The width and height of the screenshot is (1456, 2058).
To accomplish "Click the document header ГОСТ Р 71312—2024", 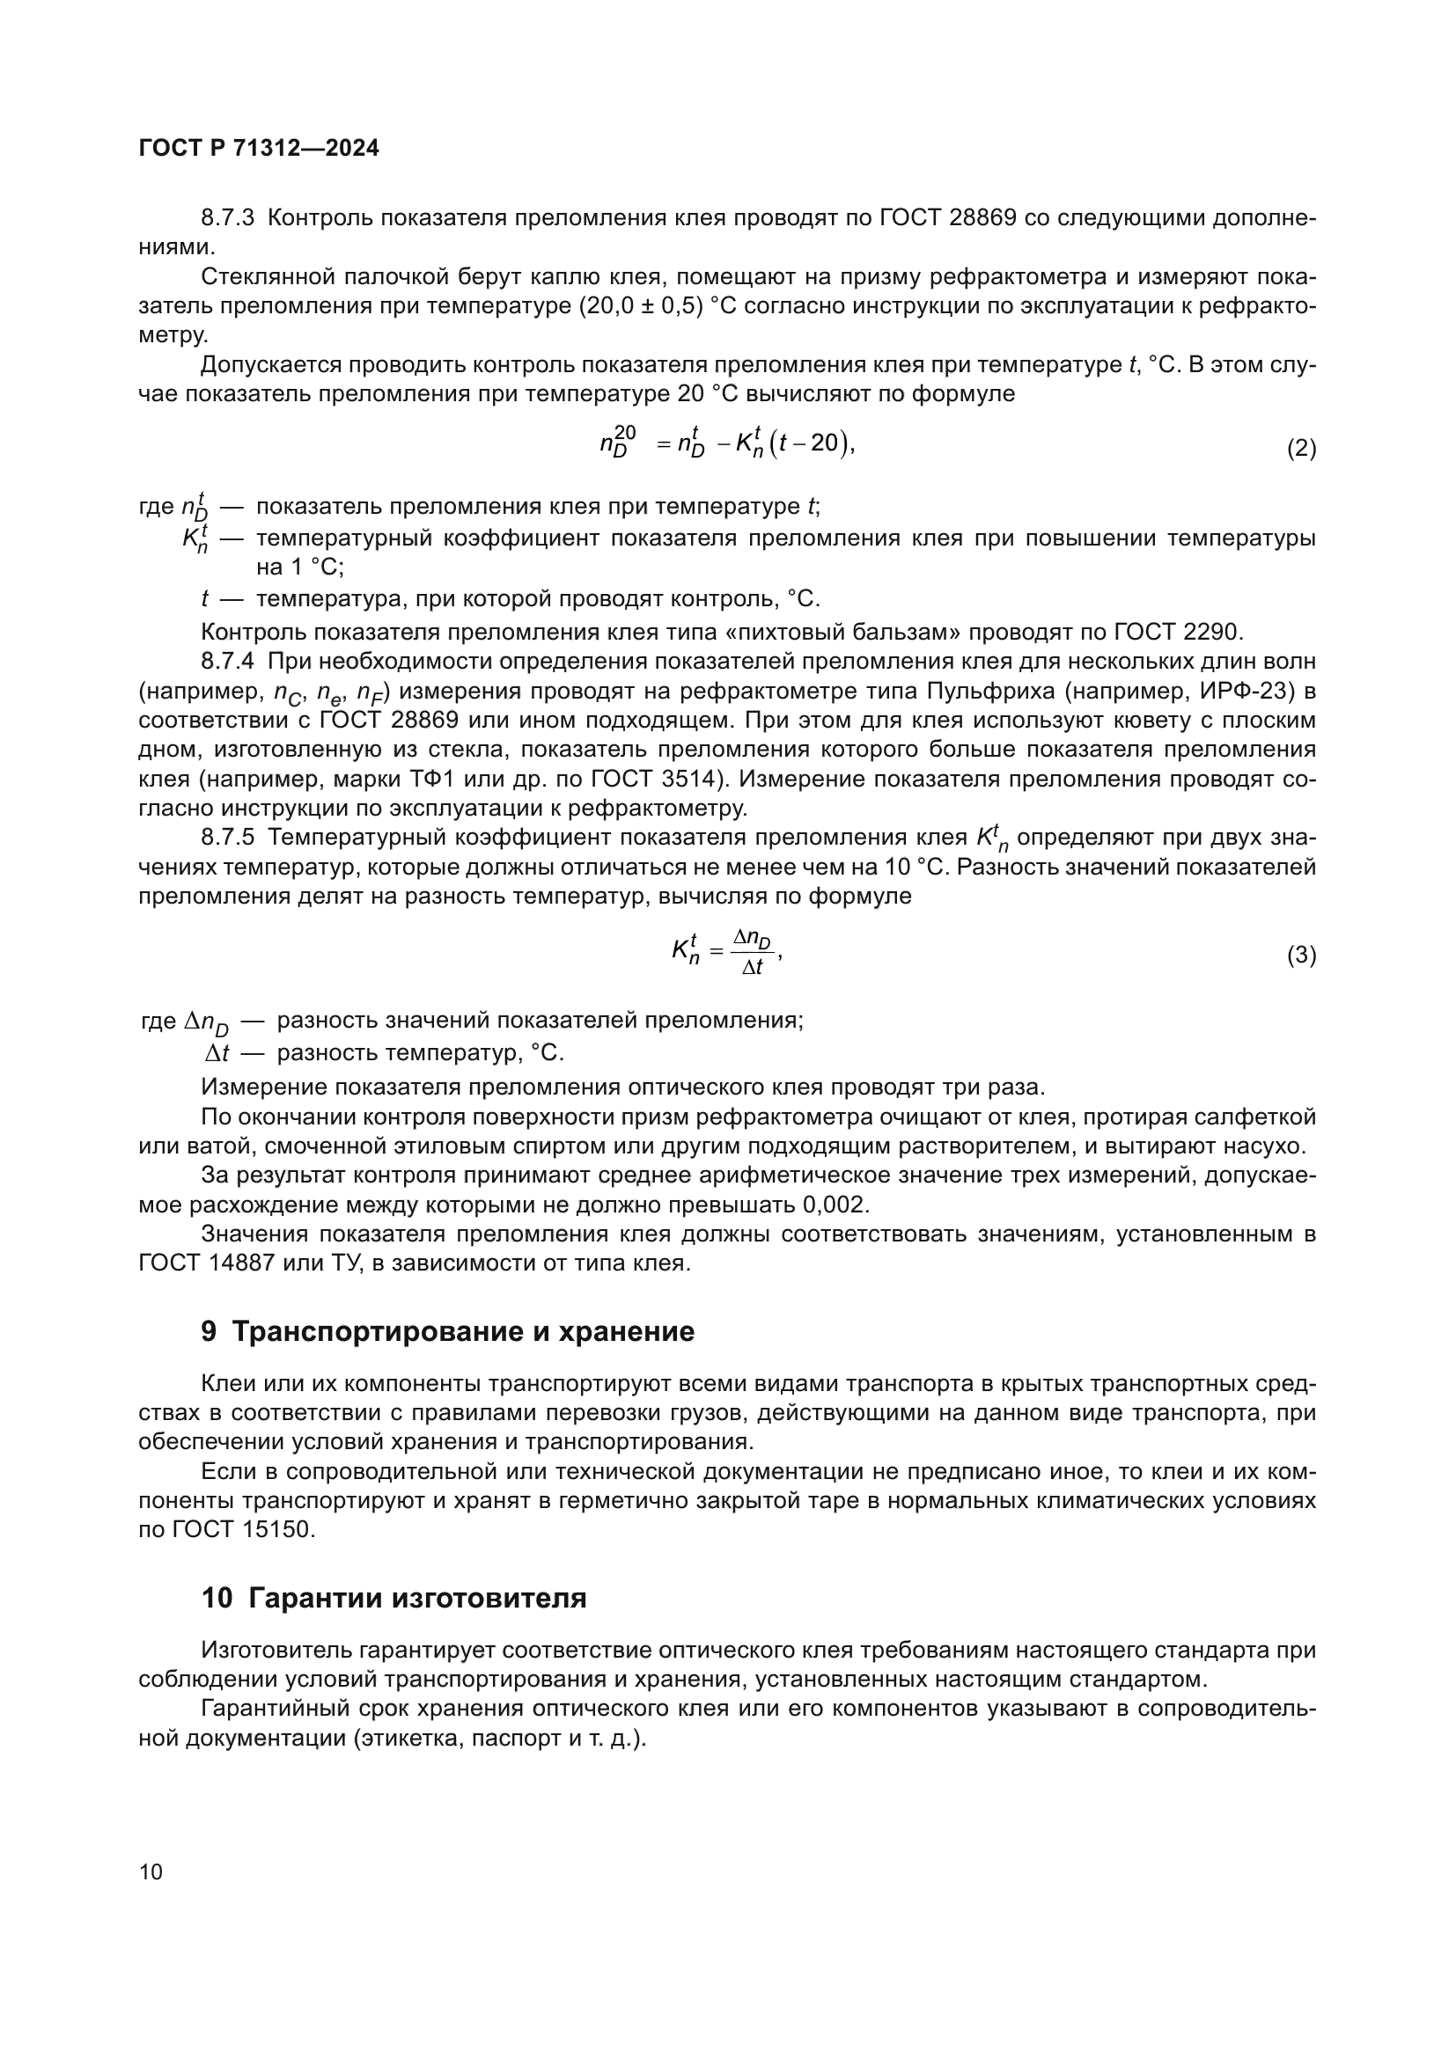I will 258,149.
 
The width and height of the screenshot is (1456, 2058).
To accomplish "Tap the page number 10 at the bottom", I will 151,1871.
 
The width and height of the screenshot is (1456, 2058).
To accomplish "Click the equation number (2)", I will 1301,448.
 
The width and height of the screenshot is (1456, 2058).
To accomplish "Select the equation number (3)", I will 1301,956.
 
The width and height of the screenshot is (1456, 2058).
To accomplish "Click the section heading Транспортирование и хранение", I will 463,1332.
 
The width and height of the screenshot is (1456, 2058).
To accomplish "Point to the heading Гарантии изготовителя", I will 417,1598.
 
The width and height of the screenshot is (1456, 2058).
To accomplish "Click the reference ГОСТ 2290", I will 1177,632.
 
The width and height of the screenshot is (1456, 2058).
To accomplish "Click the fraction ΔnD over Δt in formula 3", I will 751,952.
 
